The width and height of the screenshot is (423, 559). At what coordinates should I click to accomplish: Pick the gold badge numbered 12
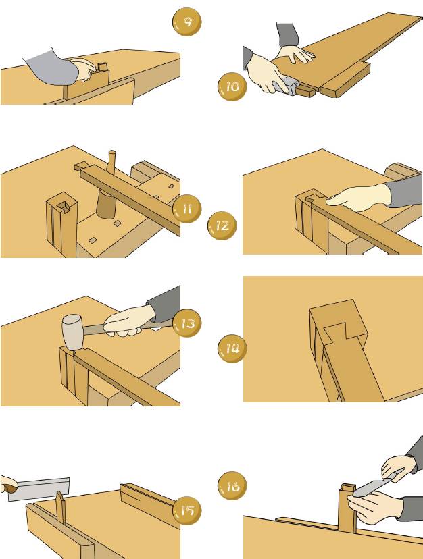click(224, 225)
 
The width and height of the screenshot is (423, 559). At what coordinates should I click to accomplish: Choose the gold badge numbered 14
click(231, 349)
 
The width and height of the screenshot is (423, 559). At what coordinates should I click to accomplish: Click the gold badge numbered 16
click(231, 486)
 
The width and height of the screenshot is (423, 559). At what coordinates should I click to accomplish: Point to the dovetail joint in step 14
click(338, 331)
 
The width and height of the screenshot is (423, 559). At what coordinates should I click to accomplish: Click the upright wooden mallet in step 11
click(107, 196)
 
